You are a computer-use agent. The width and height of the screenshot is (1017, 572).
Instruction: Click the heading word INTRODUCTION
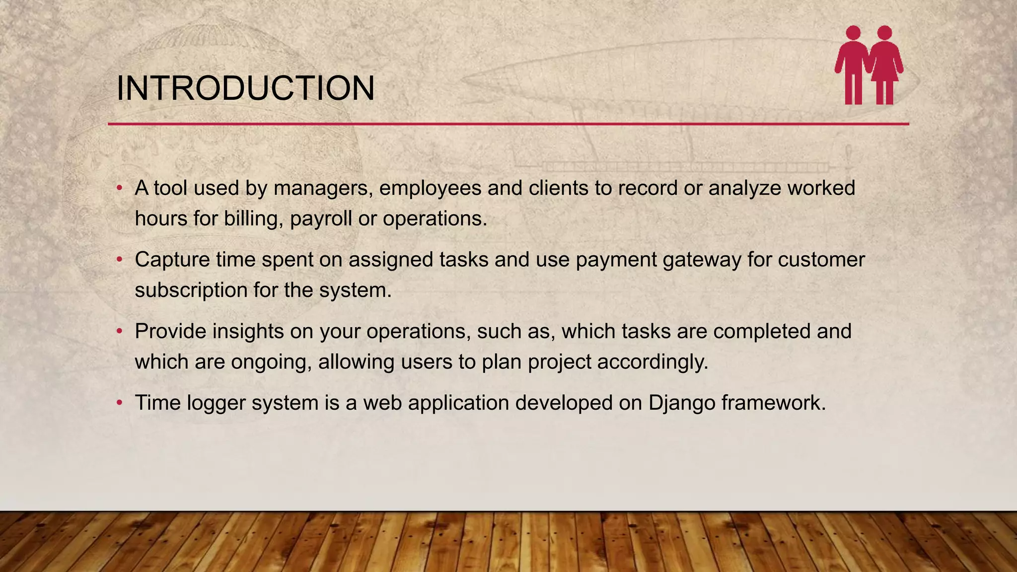tap(245, 88)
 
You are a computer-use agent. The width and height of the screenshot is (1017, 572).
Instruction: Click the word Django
tap(682, 403)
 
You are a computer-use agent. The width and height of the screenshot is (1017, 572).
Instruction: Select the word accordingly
tap(653, 362)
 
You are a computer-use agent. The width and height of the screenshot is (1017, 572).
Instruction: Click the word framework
tap(773, 403)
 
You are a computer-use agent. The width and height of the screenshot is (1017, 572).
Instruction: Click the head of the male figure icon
tap(853, 33)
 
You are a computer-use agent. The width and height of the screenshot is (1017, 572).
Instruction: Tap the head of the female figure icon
tap(885, 33)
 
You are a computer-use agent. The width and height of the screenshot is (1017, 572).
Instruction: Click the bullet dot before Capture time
tap(119, 260)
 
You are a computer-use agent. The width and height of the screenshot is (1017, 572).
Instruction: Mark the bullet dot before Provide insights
tap(119, 331)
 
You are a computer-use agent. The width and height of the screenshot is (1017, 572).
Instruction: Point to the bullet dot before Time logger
tap(119, 403)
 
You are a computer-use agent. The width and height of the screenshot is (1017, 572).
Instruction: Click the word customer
tap(821, 260)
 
